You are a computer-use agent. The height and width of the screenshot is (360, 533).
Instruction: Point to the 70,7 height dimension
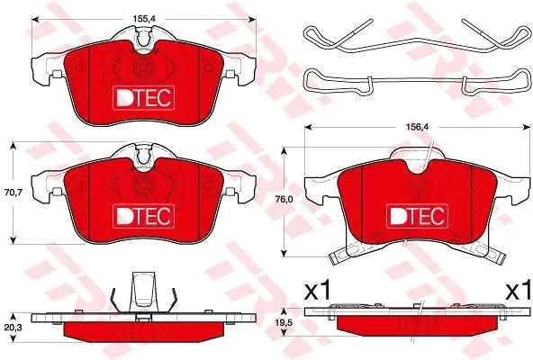coord(14,193)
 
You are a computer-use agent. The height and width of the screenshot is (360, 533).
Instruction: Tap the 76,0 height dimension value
coord(284,200)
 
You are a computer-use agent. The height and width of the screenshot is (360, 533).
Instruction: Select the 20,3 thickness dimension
coord(14,328)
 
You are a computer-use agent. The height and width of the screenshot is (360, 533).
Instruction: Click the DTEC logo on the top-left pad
coord(143,98)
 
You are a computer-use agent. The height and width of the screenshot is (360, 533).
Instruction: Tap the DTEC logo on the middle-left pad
coord(143,216)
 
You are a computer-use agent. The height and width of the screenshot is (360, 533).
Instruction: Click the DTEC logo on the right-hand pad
coord(418,216)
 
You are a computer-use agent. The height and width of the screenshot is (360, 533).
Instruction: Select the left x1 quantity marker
coord(317,291)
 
